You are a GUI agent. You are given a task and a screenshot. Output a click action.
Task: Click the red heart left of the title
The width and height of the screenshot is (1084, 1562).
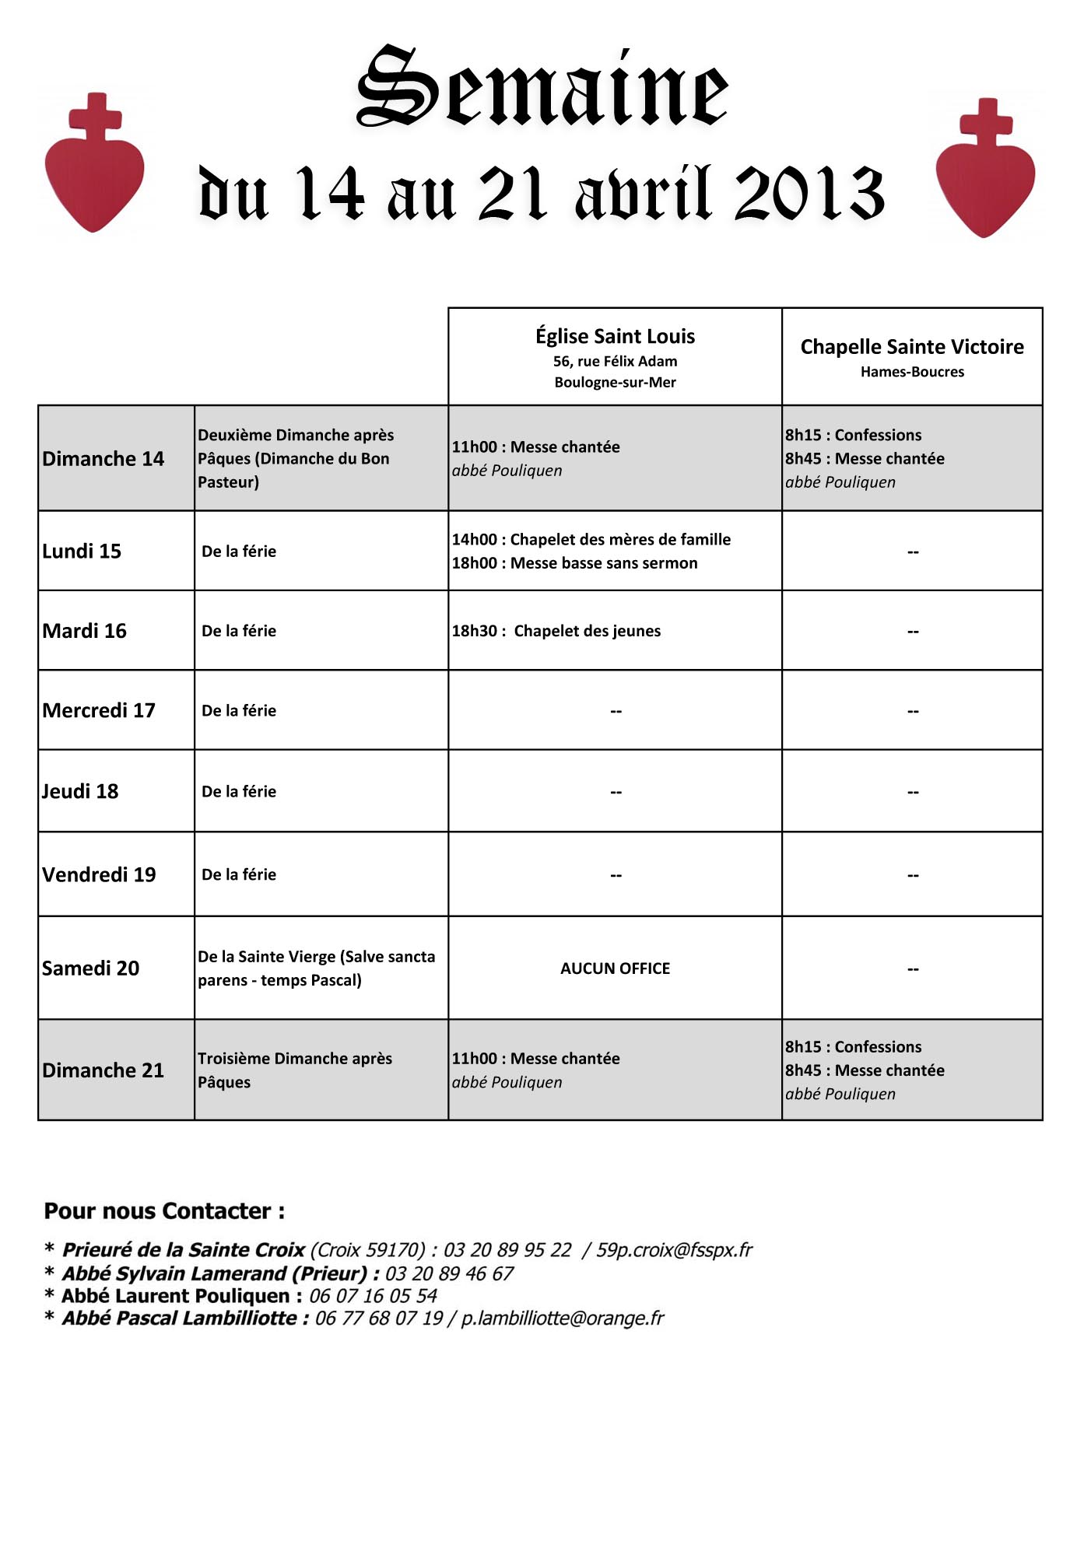(x=94, y=175)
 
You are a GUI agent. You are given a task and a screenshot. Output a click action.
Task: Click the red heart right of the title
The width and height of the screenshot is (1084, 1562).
(x=985, y=180)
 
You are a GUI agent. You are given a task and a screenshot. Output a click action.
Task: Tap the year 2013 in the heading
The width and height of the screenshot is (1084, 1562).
(x=809, y=194)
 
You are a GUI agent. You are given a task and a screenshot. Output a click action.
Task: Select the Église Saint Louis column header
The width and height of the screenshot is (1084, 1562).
(x=615, y=337)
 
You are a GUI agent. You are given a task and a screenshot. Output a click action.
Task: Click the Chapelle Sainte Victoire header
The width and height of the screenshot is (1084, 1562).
(x=912, y=347)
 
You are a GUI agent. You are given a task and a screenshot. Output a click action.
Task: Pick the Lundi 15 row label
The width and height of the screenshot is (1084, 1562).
(x=82, y=552)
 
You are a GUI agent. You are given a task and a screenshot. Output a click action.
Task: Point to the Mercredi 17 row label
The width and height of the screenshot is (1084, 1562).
(x=99, y=710)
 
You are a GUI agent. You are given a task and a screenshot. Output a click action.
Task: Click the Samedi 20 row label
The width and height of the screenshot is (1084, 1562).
(x=90, y=968)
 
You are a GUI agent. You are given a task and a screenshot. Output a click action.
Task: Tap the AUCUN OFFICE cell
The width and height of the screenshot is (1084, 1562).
(x=615, y=968)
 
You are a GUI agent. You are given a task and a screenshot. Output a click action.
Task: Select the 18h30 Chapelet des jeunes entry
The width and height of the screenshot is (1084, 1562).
(x=556, y=631)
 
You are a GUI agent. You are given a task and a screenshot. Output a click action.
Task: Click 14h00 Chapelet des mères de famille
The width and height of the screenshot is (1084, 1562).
(x=591, y=540)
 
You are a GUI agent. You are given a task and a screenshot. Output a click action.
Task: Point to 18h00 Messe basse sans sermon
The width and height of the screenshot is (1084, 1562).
(x=575, y=563)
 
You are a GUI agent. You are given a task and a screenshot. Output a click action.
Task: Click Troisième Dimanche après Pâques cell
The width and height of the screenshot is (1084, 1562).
(x=295, y=1070)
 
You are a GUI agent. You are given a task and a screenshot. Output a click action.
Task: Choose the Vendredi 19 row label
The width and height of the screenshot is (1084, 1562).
(x=99, y=875)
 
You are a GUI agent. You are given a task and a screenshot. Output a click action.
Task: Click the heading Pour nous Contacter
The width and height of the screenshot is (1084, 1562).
(x=164, y=1211)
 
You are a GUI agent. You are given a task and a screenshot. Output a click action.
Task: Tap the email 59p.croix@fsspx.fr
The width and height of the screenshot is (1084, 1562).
(x=674, y=1250)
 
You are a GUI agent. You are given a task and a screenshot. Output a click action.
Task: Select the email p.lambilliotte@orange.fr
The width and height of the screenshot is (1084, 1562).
(x=563, y=1319)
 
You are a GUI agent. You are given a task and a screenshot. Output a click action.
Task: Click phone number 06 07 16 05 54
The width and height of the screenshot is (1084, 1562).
(x=373, y=1296)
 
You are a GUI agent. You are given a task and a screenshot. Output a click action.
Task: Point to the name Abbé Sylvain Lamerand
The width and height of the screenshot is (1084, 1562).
(x=174, y=1273)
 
